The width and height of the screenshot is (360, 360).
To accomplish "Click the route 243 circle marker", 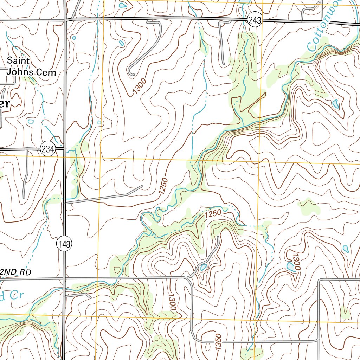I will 254,21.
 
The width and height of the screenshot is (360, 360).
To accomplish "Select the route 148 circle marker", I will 65,244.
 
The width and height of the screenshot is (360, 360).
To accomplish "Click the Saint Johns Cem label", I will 31,66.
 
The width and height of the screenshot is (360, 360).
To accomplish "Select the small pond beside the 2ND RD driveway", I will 204,268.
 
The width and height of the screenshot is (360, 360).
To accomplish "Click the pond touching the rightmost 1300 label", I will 291,266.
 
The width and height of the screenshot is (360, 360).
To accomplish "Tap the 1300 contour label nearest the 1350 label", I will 172,302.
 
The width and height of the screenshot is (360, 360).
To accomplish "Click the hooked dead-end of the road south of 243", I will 131,73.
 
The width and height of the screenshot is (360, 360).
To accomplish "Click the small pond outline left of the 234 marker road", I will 31,122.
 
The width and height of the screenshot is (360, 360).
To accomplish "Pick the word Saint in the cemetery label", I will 19,60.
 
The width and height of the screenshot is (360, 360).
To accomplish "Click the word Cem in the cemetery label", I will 49,72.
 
